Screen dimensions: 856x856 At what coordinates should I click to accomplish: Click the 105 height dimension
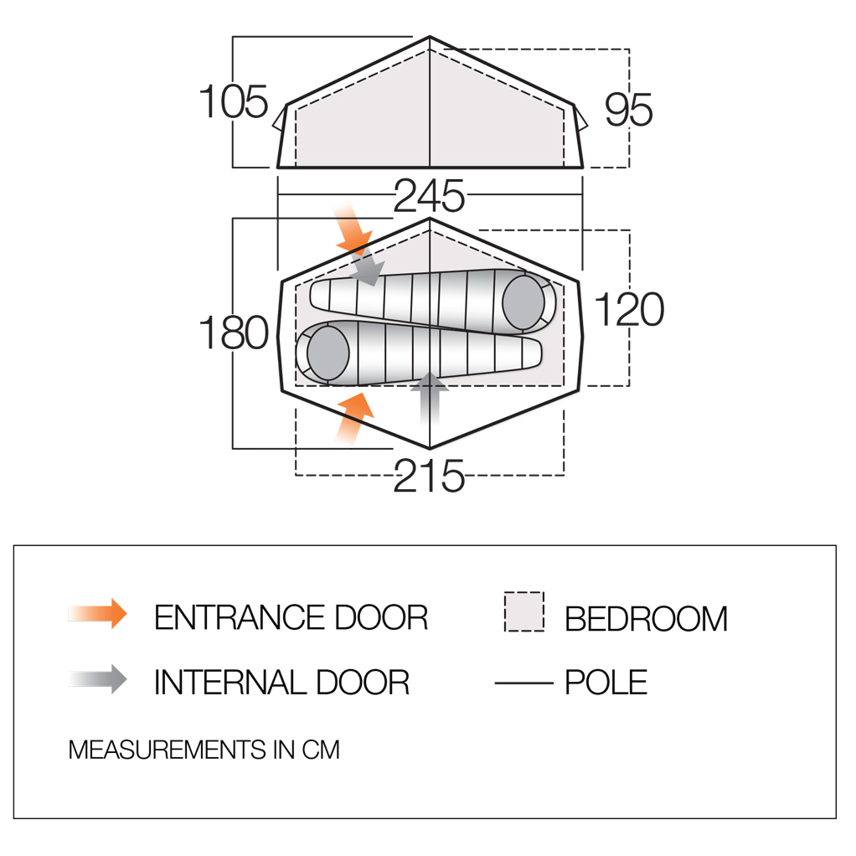pyautogui.click(x=234, y=102)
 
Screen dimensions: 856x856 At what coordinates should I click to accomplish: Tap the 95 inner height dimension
pyautogui.click(x=628, y=110)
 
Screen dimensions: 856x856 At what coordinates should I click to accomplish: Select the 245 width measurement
pyautogui.click(x=429, y=196)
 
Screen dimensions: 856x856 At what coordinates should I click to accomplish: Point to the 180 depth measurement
pyautogui.click(x=234, y=333)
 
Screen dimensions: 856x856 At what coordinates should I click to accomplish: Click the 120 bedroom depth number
pyautogui.click(x=629, y=309)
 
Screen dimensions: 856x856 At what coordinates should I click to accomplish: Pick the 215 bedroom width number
pyautogui.click(x=429, y=476)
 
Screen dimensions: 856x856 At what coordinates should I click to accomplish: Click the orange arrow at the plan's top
pyautogui.click(x=352, y=228)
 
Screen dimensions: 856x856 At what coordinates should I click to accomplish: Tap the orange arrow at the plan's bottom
pyautogui.click(x=353, y=418)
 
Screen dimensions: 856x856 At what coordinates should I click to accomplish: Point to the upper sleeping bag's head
pyautogui.click(x=523, y=302)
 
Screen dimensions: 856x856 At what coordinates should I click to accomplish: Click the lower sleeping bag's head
pyautogui.click(x=327, y=353)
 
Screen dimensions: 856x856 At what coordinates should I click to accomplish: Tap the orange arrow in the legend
pyautogui.click(x=98, y=614)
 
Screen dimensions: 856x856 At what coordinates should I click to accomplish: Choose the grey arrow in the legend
pyautogui.click(x=98, y=679)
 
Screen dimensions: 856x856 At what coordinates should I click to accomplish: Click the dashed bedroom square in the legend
pyautogui.click(x=524, y=611)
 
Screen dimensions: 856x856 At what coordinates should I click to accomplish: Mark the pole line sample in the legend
pyautogui.click(x=524, y=683)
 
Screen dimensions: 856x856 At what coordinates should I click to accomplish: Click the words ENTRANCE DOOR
pyautogui.click(x=291, y=617)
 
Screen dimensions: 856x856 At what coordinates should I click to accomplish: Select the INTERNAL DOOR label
pyautogui.click(x=281, y=683)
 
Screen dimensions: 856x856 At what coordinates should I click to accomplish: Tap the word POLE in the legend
pyautogui.click(x=606, y=683)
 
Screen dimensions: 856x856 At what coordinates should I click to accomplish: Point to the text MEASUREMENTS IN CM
pyautogui.click(x=204, y=750)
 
